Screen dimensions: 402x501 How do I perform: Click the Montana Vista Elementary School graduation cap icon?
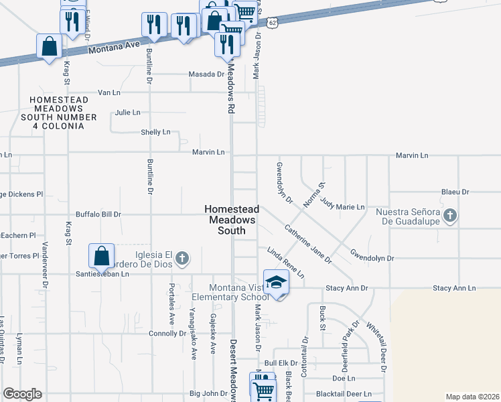point(276,283)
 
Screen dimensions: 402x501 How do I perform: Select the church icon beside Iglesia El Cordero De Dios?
point(181,257)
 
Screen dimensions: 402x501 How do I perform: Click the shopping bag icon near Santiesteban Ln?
point(100,255)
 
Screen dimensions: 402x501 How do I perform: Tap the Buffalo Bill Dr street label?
point(98,214)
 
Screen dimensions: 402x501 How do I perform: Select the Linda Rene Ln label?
point(286,263)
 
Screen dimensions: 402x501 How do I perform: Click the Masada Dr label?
point(206,74)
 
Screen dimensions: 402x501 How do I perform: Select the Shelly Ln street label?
point(155,132)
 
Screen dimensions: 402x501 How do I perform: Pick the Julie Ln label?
point(128,113)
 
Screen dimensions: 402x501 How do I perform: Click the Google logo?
point(22,394)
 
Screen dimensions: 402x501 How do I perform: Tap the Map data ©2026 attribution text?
point(472,397)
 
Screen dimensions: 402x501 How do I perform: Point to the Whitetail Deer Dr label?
point(375,345)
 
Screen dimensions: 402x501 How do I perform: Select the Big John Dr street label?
point(209,393)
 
